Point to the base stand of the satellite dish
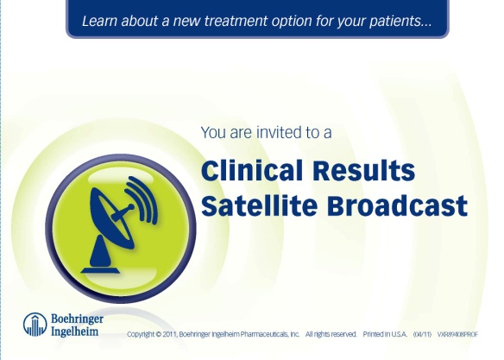click(x=104, y=250)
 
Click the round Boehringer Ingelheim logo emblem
click(x=35, y=325)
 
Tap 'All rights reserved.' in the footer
click(x=331, y=333)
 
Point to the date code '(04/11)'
click(x=422, y=333)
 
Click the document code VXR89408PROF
click(x=461, y=333)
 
